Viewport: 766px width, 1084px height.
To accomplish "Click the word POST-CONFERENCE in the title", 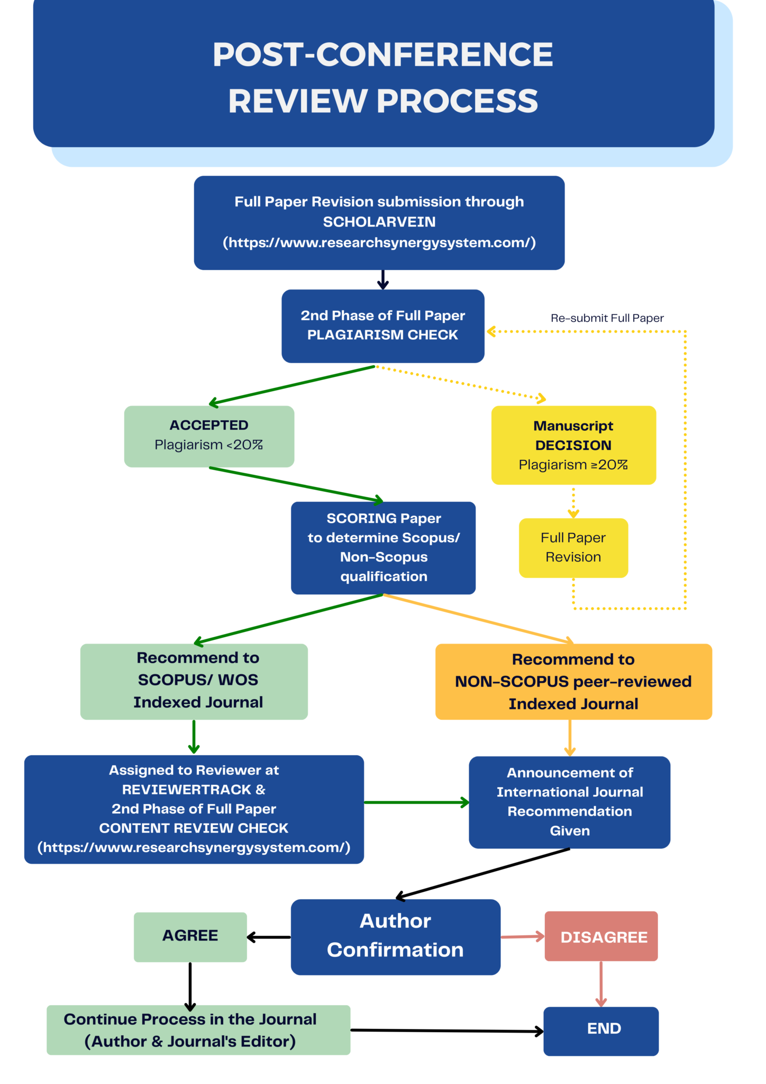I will pos(382,55).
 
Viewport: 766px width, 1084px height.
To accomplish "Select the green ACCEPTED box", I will pos(209,436).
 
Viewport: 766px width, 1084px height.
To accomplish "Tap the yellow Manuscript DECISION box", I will pos(573,445).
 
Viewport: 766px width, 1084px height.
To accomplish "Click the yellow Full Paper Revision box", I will pos(573,547).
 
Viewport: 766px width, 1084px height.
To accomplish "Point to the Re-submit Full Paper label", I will pos(607,318).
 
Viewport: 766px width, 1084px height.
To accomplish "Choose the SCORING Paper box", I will pos(383,547).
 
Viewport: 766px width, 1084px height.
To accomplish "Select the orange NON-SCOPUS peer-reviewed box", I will pos(573,681).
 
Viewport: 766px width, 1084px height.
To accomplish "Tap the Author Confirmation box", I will pos(395,936).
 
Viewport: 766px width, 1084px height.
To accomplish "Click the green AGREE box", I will pos(190,936).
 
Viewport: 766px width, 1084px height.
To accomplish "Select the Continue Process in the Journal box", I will pos(198,1029).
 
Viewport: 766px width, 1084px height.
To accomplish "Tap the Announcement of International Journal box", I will pos(569,801).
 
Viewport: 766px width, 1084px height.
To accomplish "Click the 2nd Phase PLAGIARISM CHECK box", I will pos(382,326).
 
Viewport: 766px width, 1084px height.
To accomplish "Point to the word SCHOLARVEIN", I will pos(379,222).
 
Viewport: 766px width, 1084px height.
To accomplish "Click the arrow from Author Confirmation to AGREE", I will pos(269,937).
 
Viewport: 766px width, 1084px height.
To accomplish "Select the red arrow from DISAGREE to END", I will pos(601,983).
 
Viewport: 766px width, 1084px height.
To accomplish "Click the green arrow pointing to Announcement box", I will pos(416,802).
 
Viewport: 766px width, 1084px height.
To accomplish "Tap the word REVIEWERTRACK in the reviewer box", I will pos(187,789).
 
